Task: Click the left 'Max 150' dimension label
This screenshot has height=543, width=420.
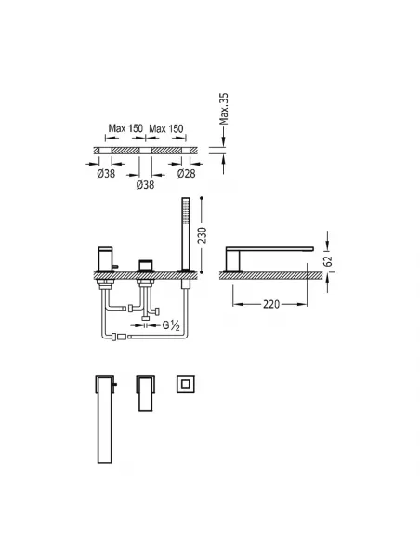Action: (125, 128)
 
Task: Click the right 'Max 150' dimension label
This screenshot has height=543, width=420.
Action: (166, 129)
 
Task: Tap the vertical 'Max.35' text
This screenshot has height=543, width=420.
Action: (224, 109)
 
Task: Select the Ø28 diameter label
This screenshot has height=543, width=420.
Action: (186, 173)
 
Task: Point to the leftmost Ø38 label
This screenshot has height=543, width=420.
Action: (106, 173)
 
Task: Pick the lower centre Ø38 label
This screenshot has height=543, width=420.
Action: (145, 185)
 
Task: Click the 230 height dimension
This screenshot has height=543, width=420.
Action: (203, 235)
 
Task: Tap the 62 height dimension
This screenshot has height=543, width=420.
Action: (328, 260)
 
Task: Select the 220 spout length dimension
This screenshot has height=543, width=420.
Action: (271, 304)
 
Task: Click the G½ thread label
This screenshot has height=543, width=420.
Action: (171, 325)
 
